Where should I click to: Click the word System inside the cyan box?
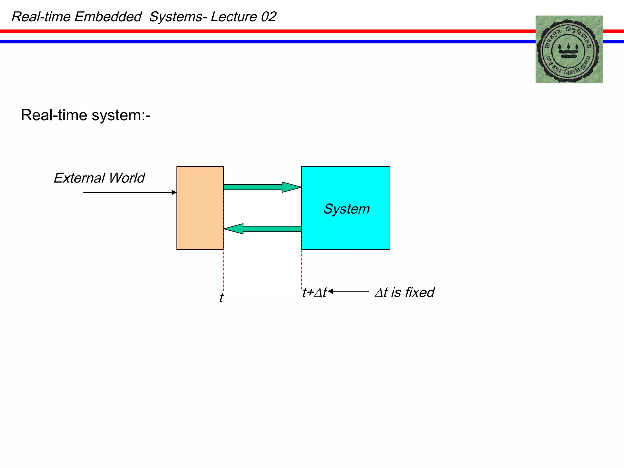click(x=346, y=209)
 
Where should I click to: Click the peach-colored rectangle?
click(x=200, y=208)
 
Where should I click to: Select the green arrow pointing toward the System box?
click(x=262, y=187)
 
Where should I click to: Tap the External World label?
click(x=99, y=178)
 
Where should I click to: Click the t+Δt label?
click(x=314, y=292)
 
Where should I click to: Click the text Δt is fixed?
click(x=404, y=292)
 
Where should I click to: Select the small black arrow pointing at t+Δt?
click(x=348, y=291)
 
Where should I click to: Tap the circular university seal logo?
click(x=569, y=49)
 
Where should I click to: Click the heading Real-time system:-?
click(x=86, y=115)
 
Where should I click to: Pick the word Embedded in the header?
click(x=108, y=17)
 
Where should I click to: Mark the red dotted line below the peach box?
click(x=224, y=270)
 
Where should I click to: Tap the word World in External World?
click(x=127, y=178)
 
